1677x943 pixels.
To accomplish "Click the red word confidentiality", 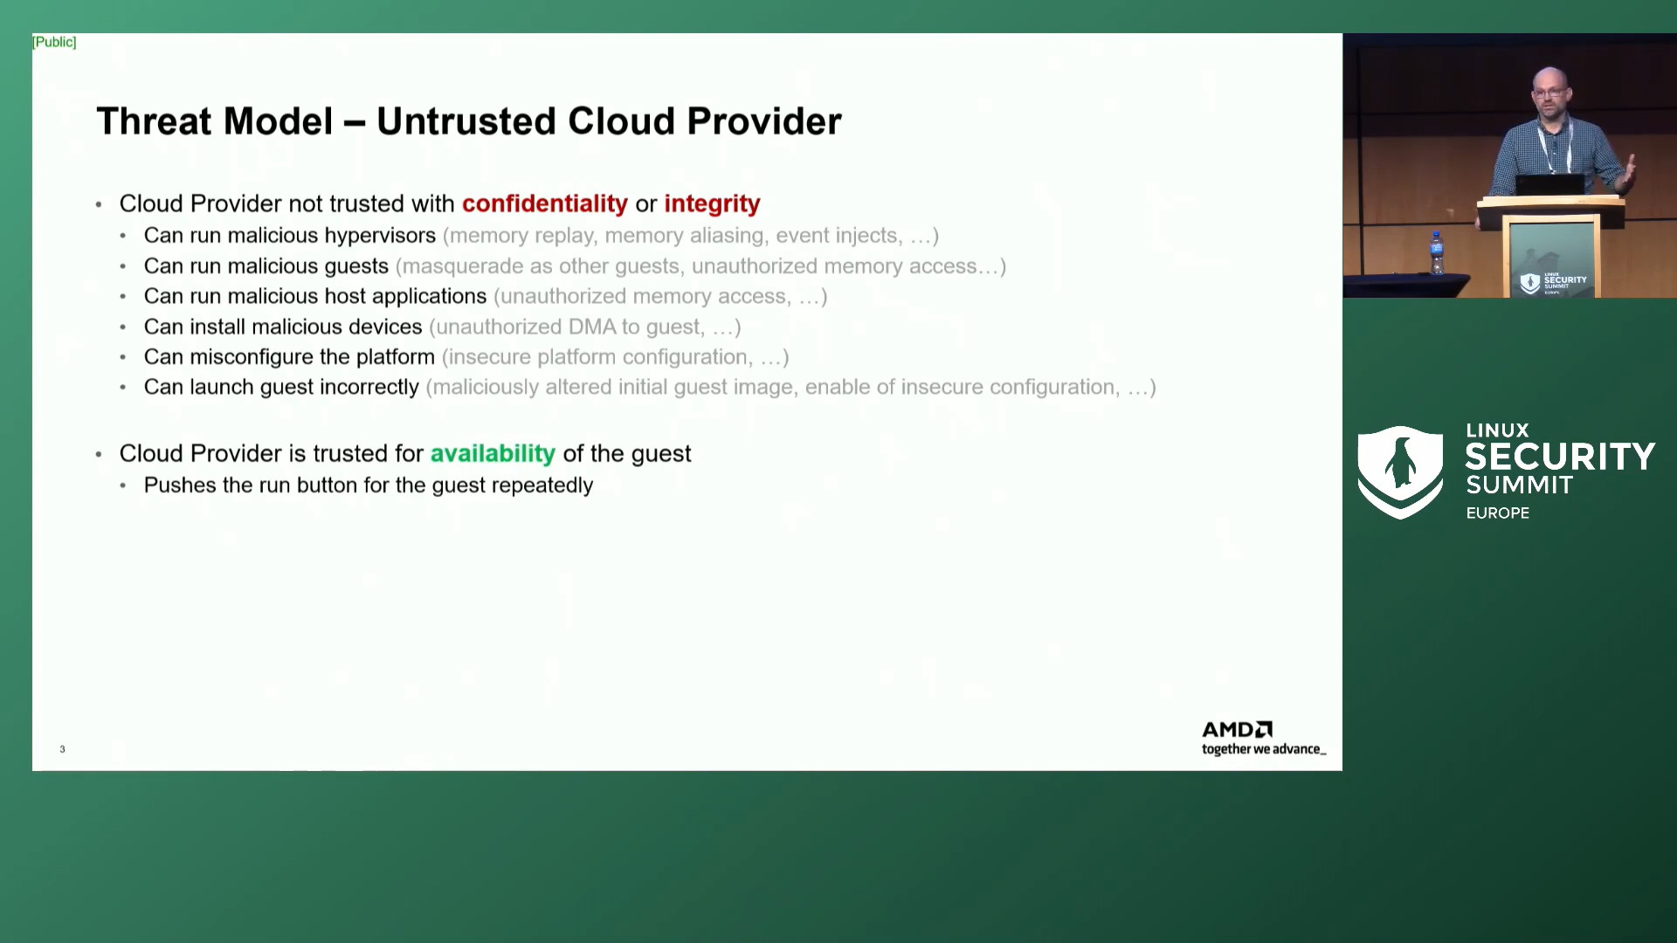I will (x=544, y=203).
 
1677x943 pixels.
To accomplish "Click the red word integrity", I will (x=712, y=203).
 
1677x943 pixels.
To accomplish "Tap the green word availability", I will (x=493, y=453).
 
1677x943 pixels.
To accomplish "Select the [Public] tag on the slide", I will (x=54, y=42).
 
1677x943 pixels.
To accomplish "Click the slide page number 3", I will (x=62, y=749).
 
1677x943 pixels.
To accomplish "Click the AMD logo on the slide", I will (x=1237, y=729).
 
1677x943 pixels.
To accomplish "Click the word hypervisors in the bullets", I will (x=380, y=236).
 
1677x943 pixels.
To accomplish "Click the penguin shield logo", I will (x=1399, y=471).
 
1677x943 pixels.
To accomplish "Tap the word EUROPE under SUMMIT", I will (x=1497, y=513).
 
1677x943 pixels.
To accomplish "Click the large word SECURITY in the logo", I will (x=1559, y=457).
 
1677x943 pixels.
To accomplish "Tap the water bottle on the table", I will (x=1437, y=253).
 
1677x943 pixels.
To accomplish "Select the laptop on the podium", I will (x=1549, y=184).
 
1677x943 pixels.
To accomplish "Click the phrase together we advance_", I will (x=1263, y=749).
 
